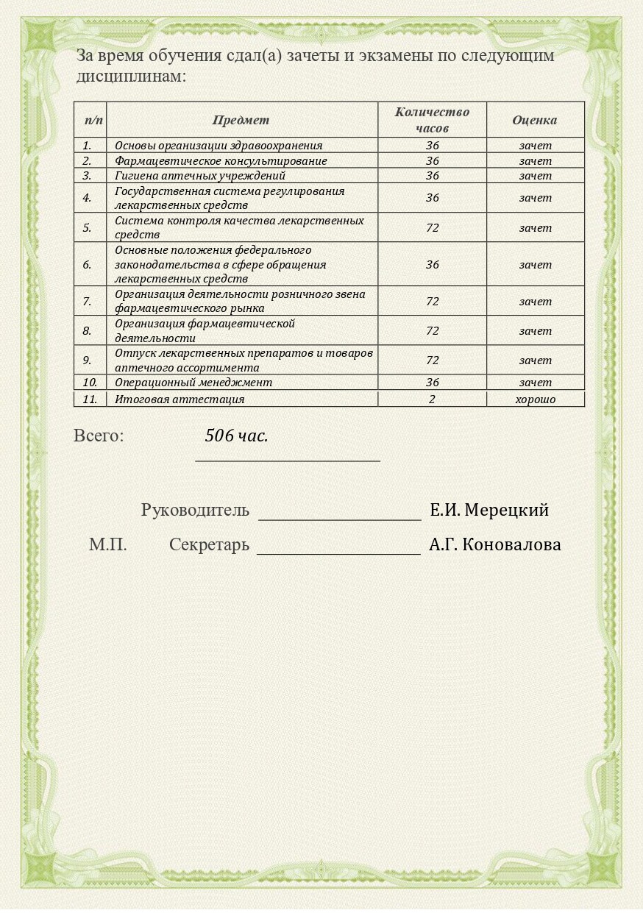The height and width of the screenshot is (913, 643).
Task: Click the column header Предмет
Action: pos(241,120)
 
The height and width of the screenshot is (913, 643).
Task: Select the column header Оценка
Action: pos(534,120)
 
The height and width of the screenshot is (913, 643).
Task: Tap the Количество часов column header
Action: pos(432,120)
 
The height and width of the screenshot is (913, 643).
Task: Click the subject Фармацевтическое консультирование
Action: pos(221,160)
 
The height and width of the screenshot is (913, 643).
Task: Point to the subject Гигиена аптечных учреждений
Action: pos(199,175)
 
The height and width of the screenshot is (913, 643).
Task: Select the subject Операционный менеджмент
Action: pos(193,382)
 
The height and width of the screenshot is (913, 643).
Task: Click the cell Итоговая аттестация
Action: pos(180,399)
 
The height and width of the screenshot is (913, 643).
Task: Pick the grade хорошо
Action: pos(535,399)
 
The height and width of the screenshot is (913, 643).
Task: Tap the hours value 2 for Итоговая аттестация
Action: pos(432,399)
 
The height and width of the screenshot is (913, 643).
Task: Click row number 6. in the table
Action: pos(87,264)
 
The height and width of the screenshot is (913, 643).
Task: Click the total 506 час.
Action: pos(236,436)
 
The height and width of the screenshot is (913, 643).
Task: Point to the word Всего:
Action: pos(99,436)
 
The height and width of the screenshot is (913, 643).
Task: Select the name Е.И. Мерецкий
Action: pos(489,510)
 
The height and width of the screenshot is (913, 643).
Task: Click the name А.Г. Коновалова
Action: pos(494,545)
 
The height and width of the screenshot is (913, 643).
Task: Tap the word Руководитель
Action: pos(195,510)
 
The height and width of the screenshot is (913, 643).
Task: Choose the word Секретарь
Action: pos(209,545)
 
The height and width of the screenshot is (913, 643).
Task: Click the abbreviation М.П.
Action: pos(108,545)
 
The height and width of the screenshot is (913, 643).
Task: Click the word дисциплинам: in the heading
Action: pos(130,77)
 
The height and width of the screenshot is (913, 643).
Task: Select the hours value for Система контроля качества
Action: pos(432,227)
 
